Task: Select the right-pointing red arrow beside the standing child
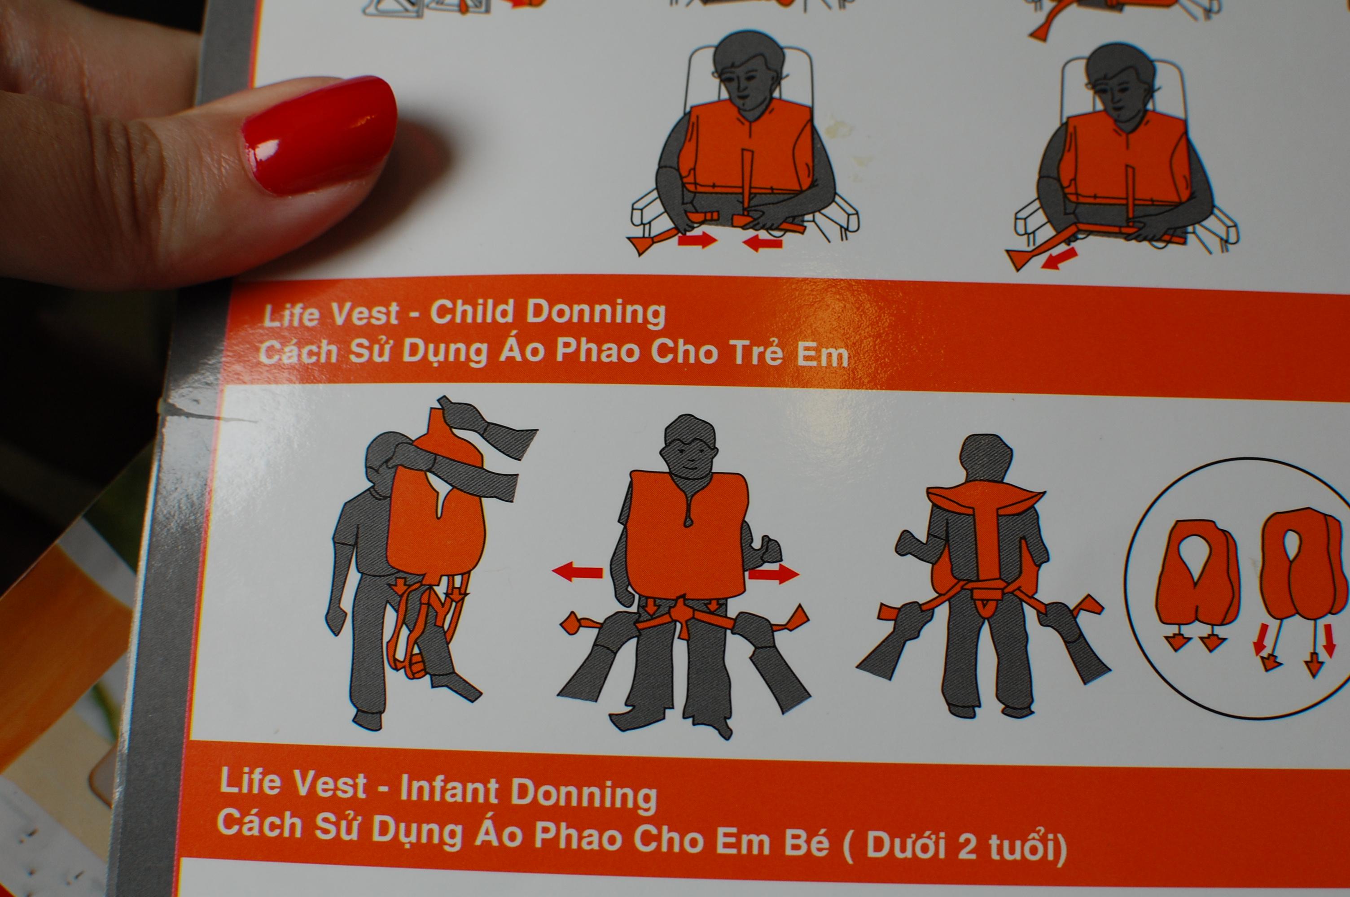point(774,574)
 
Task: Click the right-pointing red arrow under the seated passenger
point(697,239)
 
